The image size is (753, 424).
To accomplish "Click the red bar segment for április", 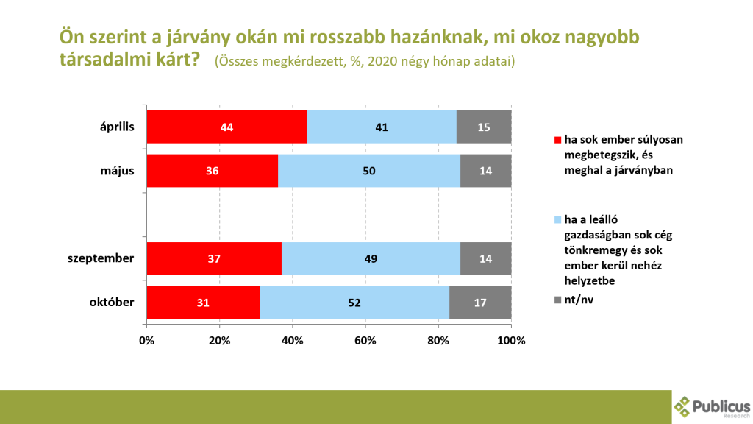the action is [226, 127].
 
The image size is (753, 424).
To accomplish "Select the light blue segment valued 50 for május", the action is [369, 171].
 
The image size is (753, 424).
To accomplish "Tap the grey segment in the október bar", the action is [480, 303].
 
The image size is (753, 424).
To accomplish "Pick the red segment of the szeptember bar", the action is [214, 258].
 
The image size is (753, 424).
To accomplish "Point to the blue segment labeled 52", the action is [354, 303].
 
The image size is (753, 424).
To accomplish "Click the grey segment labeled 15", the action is [484, 127].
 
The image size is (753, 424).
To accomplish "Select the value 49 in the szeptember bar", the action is [371, 258].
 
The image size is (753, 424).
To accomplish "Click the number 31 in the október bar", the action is [203, 303].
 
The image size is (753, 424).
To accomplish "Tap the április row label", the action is [117, 127].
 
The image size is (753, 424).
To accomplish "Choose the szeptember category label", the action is [100, 258].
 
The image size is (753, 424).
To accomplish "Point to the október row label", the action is [112, 303].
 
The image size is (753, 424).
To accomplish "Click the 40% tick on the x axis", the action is [293, 341].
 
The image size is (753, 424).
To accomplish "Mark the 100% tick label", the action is [512, 341].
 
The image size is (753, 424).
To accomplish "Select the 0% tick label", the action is [146, 341].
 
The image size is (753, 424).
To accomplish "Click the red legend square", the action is [557, 140].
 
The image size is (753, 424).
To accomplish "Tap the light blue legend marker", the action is [557, 219].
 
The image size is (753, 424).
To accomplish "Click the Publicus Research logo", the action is [712, 407].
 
